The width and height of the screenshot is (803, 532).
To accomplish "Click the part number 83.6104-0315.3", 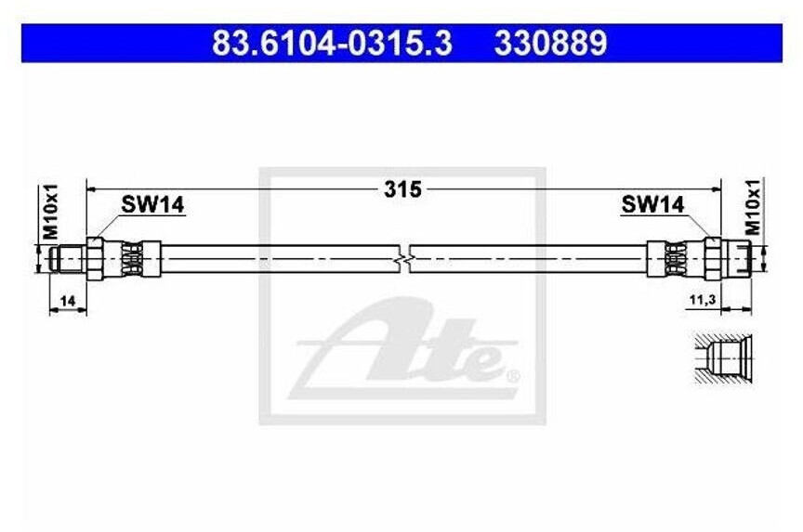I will (332, 43).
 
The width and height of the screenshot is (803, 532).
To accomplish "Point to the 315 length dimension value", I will (402, 189).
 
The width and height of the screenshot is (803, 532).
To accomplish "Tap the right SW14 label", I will (652, 205).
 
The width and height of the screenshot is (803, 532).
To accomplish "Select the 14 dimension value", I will (67, 300).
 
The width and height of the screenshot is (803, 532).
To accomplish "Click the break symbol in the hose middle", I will (405, 258).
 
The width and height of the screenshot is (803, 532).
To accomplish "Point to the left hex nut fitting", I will (96, 257).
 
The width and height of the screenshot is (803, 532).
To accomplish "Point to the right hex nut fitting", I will (713, 257).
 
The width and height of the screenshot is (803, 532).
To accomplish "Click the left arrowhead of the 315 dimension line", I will (91, 188).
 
